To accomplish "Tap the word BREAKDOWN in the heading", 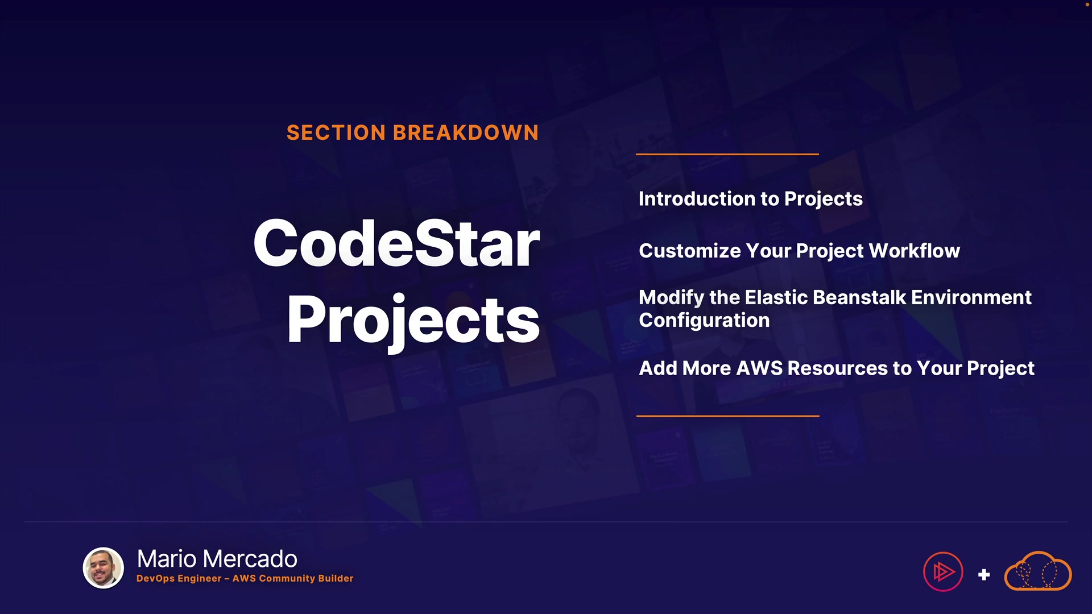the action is [x=465, y=133].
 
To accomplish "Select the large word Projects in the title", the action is [x=413, y=321].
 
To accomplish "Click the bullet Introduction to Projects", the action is [x=751, y=199].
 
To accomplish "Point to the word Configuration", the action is [x=704, y=321].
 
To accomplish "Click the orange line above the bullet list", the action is [x=727, y=154].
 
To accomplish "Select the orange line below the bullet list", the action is [x=728, y=416].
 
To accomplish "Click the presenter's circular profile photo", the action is [x=104, y=568].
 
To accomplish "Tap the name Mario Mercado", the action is [x=217, y=559].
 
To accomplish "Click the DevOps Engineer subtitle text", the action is [x=245, y=578].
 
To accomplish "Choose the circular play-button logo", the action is [x=943, y=572].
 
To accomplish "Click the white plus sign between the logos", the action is [x=984, y=575].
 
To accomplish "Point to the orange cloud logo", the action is [x=1038, y=571].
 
